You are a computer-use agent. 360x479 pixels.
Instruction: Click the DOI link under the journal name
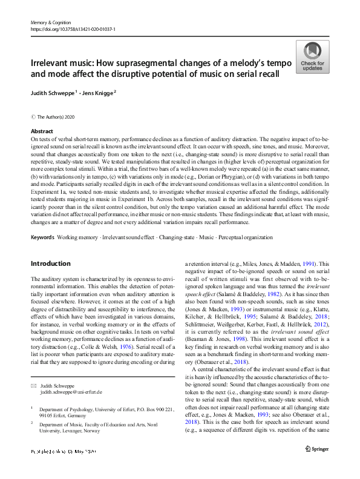click(73, 29)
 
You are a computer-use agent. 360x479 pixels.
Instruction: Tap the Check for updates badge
click(313, 58)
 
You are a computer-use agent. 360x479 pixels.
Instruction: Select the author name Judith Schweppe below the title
click(53, 93)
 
